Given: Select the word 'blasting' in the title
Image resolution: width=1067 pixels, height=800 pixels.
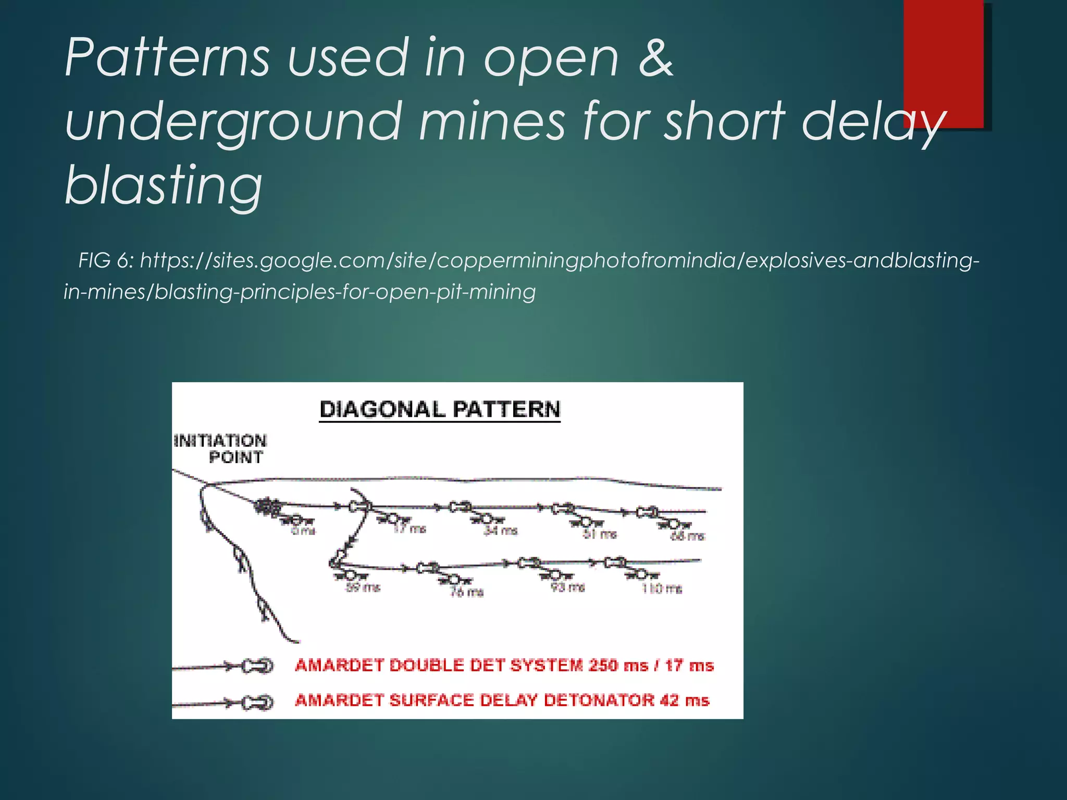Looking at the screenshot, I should pos(164,185).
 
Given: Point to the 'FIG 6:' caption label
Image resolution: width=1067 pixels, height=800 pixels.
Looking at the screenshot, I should pos(106,260).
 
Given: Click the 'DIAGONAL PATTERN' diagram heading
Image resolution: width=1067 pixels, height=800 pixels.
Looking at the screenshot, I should pos(440,409).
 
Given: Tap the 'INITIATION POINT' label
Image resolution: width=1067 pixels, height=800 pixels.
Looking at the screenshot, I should pos(221,449).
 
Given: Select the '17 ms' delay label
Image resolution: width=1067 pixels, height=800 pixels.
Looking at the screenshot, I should pos(410,529).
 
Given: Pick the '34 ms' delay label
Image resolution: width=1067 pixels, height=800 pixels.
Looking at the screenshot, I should pos(501,531).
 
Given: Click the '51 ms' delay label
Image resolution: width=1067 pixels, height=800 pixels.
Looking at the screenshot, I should pos(599,534).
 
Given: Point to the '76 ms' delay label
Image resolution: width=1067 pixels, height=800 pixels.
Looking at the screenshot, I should pos(467,592).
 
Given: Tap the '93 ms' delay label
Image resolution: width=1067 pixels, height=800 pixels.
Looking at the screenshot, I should pos(568,587).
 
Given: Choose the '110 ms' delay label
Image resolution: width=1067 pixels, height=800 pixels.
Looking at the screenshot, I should pos(662,589).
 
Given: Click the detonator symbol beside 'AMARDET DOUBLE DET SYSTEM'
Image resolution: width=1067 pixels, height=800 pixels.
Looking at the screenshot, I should pos(257,666).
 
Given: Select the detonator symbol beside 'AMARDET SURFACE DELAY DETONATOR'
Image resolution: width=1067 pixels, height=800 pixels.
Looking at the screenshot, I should pos(257,703).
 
